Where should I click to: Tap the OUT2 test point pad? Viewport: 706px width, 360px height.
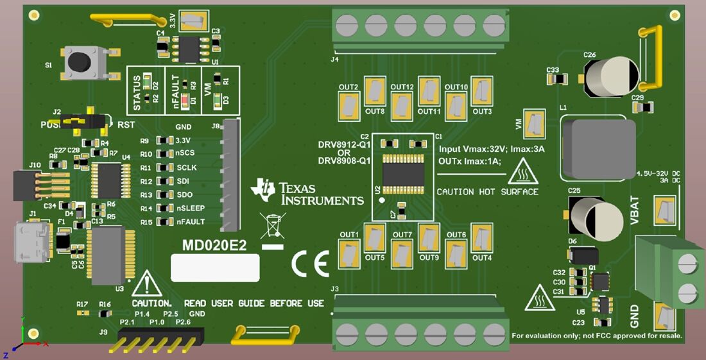tap(349, 104)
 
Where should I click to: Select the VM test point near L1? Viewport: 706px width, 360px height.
tap(534, 124)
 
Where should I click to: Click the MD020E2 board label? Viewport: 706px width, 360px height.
tap(214, 245)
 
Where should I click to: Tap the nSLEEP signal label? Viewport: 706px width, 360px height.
tap(191, 209)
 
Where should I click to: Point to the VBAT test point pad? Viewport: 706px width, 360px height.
tap(664, 210)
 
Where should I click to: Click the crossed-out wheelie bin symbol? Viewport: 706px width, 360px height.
tap(273, 228)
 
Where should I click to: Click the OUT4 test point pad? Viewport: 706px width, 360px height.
tap(481, 238)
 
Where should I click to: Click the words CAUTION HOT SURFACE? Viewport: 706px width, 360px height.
tap(487, 192)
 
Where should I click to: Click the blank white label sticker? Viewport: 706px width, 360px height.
tap(215, 268)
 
